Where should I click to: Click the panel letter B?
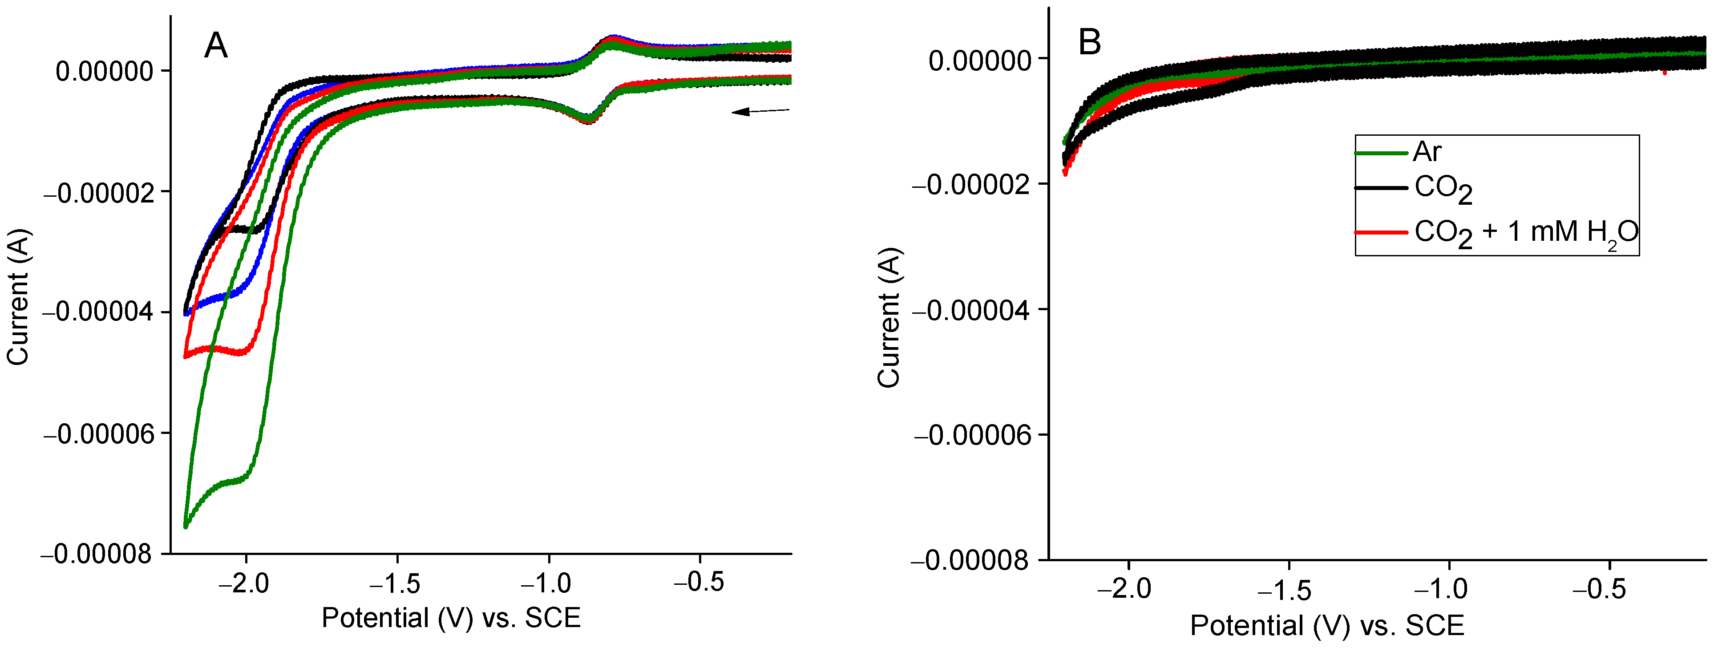pos(1089,43)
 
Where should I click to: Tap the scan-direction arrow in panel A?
pos(760,111)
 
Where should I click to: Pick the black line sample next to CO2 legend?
pos(1381,188)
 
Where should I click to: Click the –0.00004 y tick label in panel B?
pos(970,310)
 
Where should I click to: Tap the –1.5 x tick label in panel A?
pos(396,583)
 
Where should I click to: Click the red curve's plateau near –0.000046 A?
pos(220,349)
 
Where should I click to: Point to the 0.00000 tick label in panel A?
pos(104,71)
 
